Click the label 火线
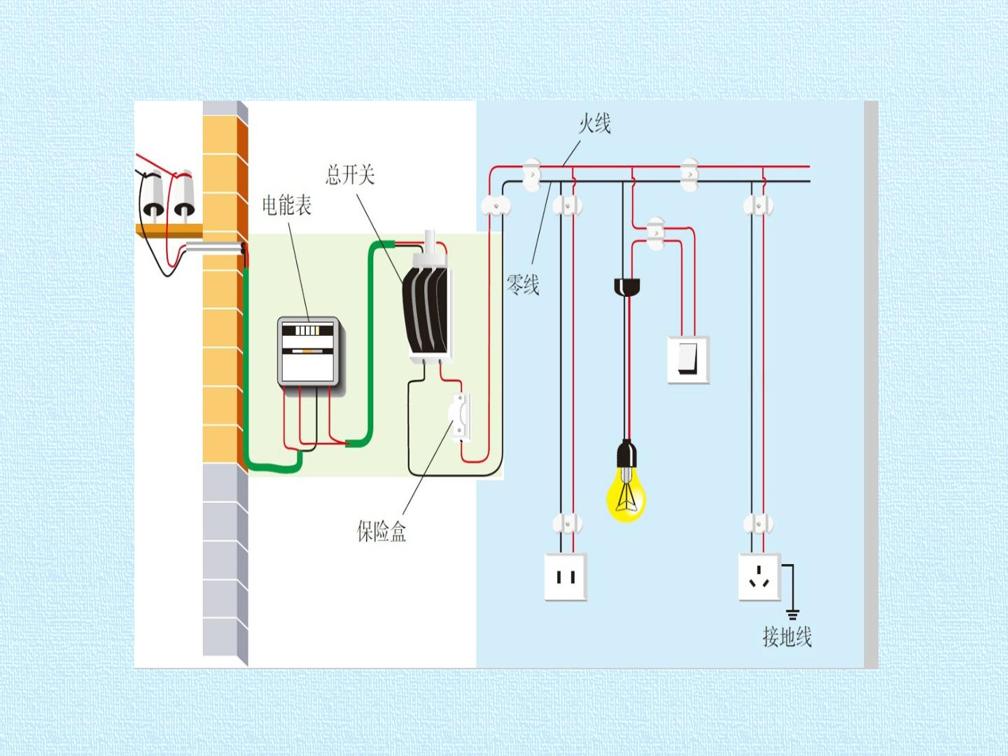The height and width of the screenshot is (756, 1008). [x=594, y=124]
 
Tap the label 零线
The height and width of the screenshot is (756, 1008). [x=523, y=284]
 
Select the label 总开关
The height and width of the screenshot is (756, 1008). [x=350, y=174]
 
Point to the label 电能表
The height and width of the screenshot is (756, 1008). [x=286, y=204]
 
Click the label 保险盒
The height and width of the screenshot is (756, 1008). [x=381, y=531]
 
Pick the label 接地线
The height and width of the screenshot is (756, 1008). [x=787, y=637]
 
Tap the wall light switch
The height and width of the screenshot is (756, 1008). [x=688, y=359]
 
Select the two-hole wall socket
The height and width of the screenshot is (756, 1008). [x=566, y=577]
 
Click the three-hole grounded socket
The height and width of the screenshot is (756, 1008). [x=759, y=577]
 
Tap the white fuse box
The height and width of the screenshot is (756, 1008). [x=461, y=417]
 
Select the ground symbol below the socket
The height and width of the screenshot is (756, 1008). [x=792, y=614]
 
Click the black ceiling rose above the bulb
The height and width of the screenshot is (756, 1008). [x=626, y=286]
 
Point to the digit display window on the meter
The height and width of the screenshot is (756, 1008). [x=307, y=330]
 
